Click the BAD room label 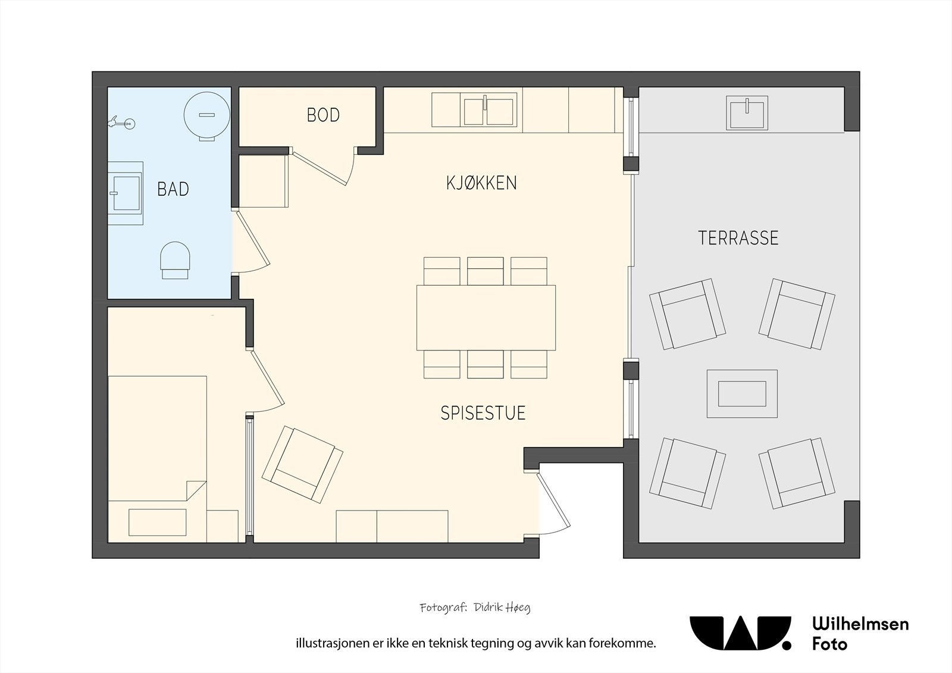click(173, 189)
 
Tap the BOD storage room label click(323, 115)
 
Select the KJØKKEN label click(481, 183)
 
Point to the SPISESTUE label click(483, 413)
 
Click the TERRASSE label click(738, 237)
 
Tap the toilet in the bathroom click(175, 260)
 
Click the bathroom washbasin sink click(125, 193)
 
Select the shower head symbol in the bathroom click(121, 123)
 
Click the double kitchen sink click(488, 110)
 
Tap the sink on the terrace click(747, 112)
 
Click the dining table click(486, 318)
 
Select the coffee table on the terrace click(742, 394)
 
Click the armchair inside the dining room click(302, 465)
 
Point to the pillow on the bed click(157, 522)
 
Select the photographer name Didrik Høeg click(502, 608)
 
